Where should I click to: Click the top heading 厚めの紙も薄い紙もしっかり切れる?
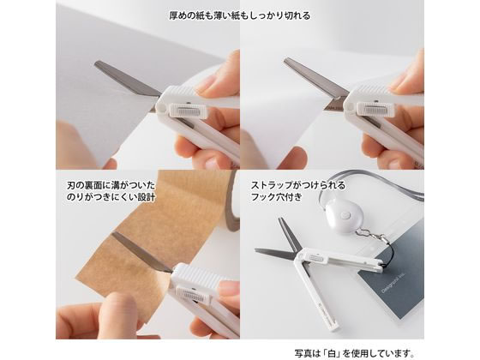tap(240, 15)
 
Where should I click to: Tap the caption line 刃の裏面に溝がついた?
tap(111, 185)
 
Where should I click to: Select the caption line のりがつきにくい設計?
tap(111, 197)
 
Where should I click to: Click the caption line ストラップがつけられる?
tap(298, 185)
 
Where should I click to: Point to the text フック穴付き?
tap(276, 196)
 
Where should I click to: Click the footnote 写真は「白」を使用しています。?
tap(354, 353)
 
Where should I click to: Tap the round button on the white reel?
tap(346, 216)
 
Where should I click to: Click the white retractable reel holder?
tap(343, 215)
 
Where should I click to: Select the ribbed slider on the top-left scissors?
tap(187, 111)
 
